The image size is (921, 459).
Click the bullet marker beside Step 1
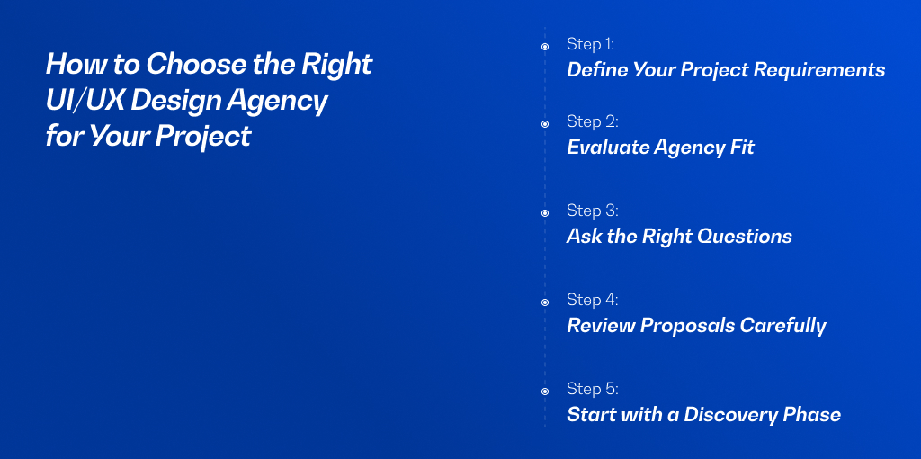pos(545,47)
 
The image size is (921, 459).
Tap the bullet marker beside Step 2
pos(545,124)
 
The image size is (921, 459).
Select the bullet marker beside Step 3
pos(545,213)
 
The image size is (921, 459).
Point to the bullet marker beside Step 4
pos(545,302)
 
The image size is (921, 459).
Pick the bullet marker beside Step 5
pos(545,391)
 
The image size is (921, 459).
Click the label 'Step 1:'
pos(590,44)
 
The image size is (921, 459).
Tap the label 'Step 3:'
pos(593,211)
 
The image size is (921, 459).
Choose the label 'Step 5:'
pos(593,389)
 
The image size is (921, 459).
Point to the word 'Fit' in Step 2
pos(742,147)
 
